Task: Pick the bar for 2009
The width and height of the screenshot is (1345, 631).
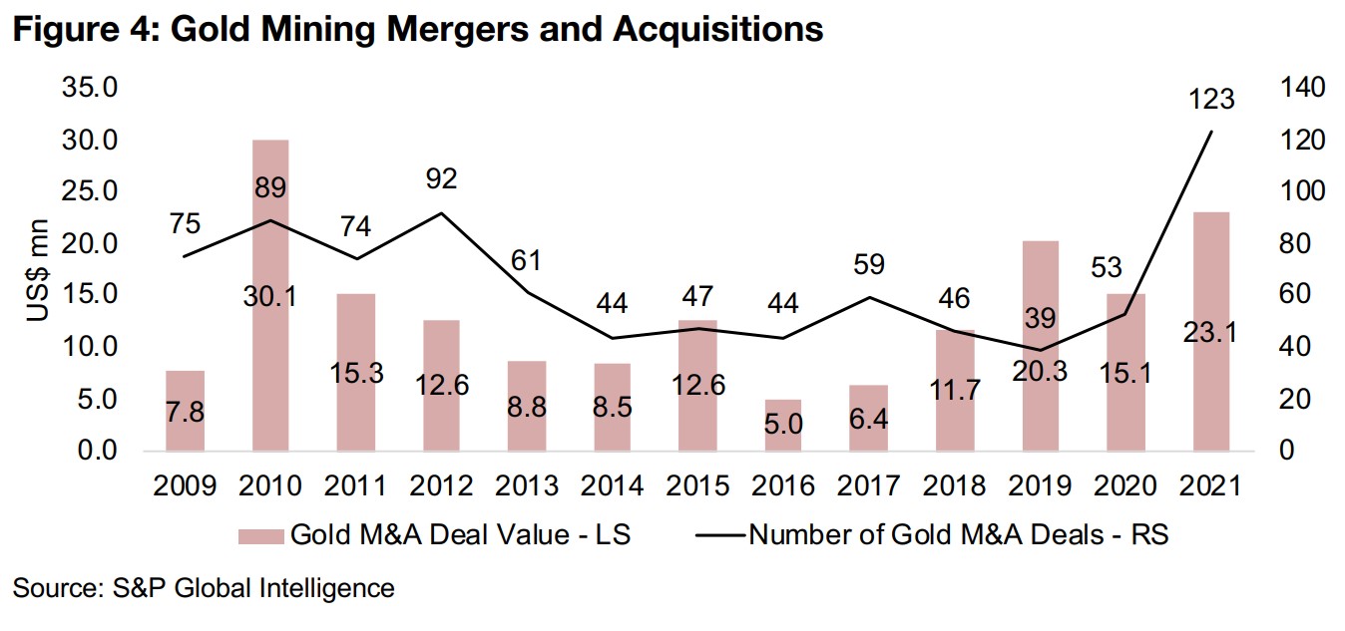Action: (185, 410)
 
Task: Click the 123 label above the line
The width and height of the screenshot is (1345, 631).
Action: (1211, 100)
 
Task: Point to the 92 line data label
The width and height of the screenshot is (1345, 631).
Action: (441, 179)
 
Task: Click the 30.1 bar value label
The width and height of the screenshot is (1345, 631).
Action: (270, 296)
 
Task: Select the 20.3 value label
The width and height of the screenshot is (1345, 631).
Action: (1040, 370)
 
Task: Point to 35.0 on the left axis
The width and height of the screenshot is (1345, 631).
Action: (91, 88)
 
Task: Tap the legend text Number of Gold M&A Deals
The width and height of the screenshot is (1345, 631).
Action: (958, 535)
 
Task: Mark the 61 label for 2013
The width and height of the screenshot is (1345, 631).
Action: (526, 261)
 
